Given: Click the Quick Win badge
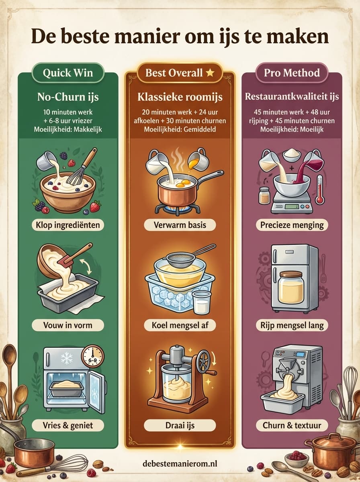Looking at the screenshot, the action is [x=68, y=73].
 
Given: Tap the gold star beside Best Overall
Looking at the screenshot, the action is [x=210, y=72].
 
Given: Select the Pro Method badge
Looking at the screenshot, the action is [x=292, y=73].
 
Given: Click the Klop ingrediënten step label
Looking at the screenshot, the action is [x=67, y=225].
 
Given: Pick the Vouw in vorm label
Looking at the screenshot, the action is [x=67, y=325].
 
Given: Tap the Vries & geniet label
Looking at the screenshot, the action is [x=67, y=425].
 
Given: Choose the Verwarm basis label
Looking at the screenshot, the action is [x=180, y=225].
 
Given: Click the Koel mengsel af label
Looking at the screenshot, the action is [x=180, y=325].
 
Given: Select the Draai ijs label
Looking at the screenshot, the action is [x=180, y=425].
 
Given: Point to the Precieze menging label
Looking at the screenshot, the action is [x=292, y=225].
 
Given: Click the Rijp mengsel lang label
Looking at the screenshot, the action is [x=292, y=325].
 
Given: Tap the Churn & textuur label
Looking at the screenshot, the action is [x=292, y=425].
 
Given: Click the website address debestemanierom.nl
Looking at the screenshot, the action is [x=180, y=464].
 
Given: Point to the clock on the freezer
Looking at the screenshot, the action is [x=93, y=357].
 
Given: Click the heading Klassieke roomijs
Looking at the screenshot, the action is [x=180, y=97].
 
